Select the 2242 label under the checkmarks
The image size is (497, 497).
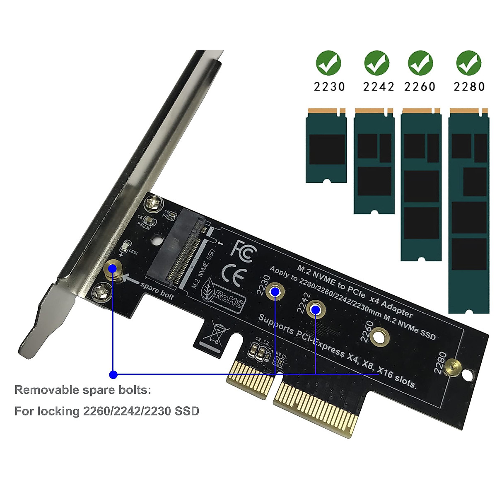[379, 87]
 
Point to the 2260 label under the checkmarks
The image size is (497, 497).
[420, 87]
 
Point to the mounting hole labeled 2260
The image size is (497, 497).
[379, 336]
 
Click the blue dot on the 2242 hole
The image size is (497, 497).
[316, 309]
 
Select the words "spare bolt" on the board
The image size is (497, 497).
[157, 291]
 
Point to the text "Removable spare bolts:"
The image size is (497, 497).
[83, 390]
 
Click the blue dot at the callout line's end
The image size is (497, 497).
[113, 375]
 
